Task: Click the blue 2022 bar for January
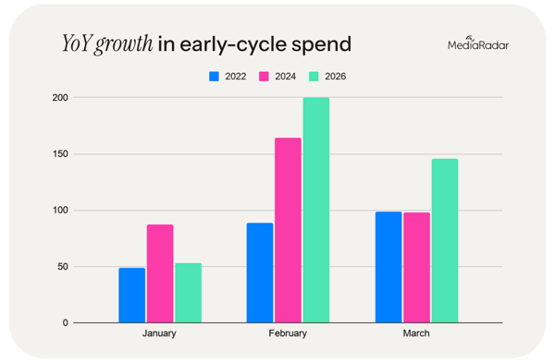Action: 131,295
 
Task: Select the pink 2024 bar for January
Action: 159,273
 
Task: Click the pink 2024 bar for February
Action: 288,230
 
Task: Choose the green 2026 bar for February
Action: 315,211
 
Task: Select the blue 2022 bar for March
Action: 388,267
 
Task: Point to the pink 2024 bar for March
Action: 416,268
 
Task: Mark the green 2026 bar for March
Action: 444,240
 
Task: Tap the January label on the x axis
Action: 159,334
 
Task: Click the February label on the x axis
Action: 288,334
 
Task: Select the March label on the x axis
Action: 416,334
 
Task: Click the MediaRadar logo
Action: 476,42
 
